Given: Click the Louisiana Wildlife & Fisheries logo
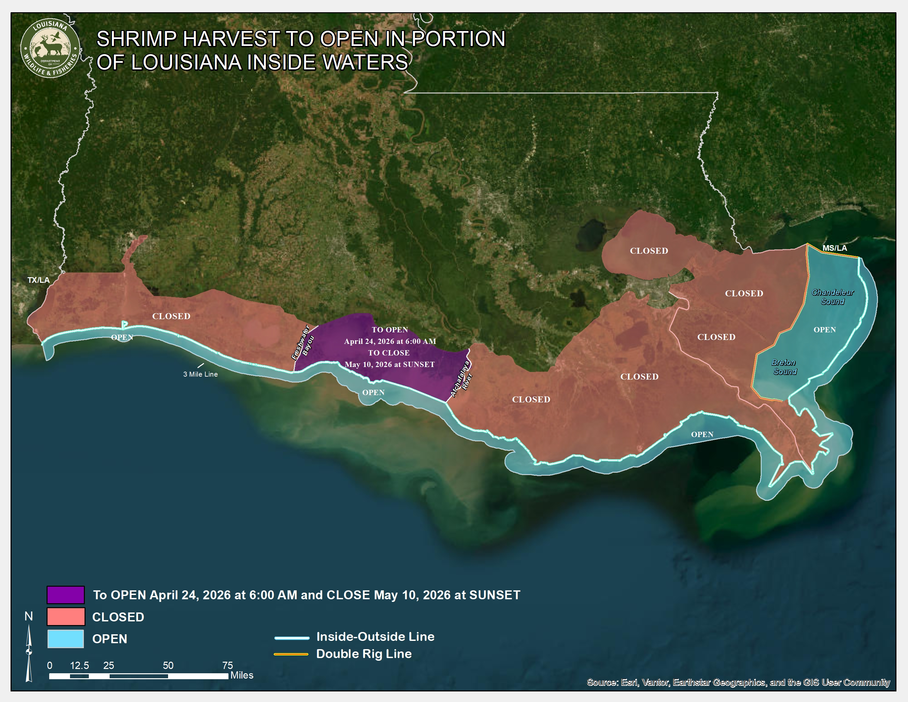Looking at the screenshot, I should (50, 48).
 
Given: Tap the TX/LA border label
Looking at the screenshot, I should (38, 280).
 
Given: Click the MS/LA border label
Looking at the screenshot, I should (834, 248).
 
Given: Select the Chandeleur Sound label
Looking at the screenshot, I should (832, 297).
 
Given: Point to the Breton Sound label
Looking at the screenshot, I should (784, 367).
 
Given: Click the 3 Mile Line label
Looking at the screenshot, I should (200, 374).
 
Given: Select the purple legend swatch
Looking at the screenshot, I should (66, 595).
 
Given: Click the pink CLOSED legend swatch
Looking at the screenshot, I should (66, 617).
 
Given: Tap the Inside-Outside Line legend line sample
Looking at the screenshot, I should (292, 638).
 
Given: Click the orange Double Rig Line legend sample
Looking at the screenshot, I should (291, 654).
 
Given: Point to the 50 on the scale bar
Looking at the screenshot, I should (168, 665).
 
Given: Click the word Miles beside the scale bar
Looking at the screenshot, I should (242, 675).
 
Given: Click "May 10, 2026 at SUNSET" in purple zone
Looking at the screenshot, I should (390, 364).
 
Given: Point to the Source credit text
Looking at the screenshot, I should (738, 682).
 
